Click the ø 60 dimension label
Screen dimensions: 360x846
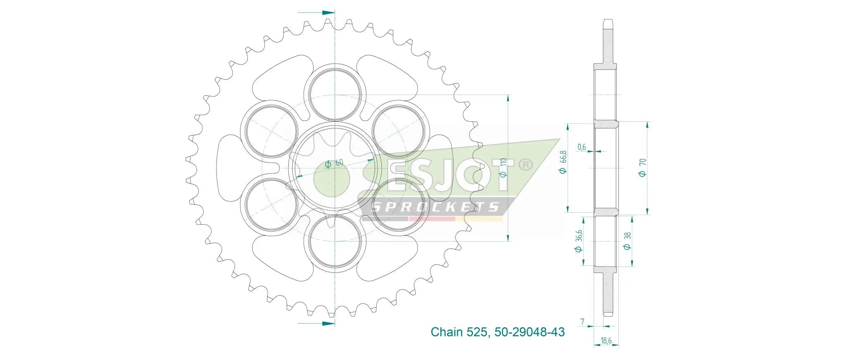pyautogui.click(x=334, y=163)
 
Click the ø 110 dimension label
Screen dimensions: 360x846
pyautogui.click(x=503, y=168)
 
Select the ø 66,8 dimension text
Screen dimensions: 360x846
pyautogui.click(x=563, y=162)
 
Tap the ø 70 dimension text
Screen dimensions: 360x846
pyautogui.click(x=642, y=167)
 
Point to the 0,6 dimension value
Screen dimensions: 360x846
pyautogui.click(x=582, y=147)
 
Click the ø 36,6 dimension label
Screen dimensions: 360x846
pyautogui.click(x=578, y=241)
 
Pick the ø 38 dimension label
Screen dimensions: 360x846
pyautogui.click(x=627, y=241)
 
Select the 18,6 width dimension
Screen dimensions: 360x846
pyautogui.click(x=606, y=341)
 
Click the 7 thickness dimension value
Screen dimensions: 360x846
pyautogui.click(x=582, y=322)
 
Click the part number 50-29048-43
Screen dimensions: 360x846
pyautogui.click(x=529, y=332)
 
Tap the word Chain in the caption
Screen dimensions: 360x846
pyautogui.click(x=447, y=332)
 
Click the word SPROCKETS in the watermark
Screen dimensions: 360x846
pyautogui.click(x=435, y=207)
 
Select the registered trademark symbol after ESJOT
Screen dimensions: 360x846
pyautogui.click(x=525, y=165)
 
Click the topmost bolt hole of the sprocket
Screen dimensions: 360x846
pyautogui.click(x=335, y=95)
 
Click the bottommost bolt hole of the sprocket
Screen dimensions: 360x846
pyautogui.click(x=335, y=242)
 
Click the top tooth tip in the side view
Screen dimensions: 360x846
pyautogui.click(x=608, y=20)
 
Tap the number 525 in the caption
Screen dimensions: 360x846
pyautogui.click(x=477, y=332)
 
